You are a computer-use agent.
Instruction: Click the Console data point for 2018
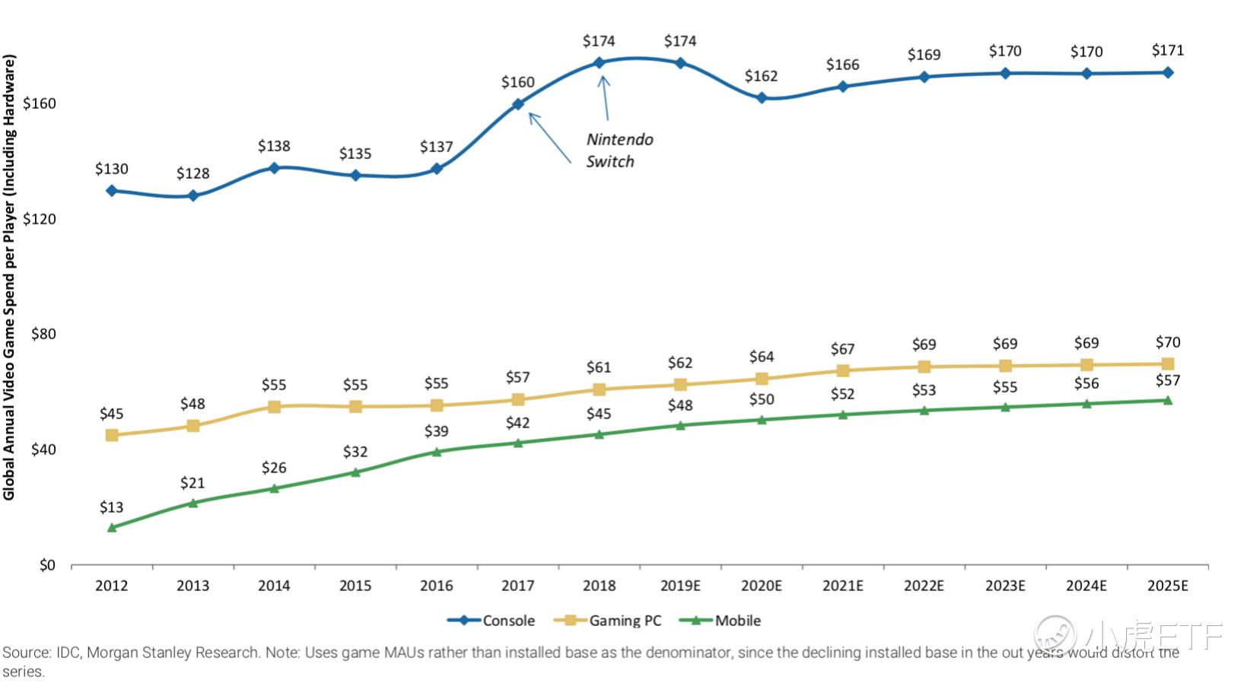point(600,63)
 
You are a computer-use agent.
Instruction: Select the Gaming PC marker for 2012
point(112,435)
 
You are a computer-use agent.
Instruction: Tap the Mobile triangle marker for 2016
point(437,452)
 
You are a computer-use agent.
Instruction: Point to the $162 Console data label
point(761,76)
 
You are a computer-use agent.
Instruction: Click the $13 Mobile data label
point(112,507)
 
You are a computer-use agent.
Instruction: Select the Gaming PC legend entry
point(608,621)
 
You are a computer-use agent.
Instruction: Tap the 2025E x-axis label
point(1167,586)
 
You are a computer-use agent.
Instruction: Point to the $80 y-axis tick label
point(43,334)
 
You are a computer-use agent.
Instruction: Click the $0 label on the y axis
point(47,565)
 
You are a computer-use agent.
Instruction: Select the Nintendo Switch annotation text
point(619,150)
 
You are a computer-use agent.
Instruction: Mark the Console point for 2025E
point(1168,73)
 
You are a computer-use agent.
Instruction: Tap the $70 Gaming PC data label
point(1168,342)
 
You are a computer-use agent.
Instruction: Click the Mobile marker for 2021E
point(843,415)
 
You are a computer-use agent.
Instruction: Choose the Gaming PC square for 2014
point(274,407)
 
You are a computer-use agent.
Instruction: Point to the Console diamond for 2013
point(193,195)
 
